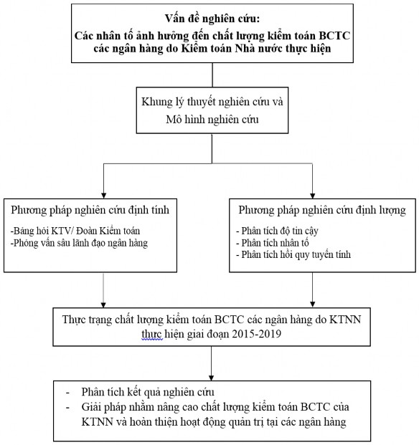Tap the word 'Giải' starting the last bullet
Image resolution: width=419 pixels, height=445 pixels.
(93, 408)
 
